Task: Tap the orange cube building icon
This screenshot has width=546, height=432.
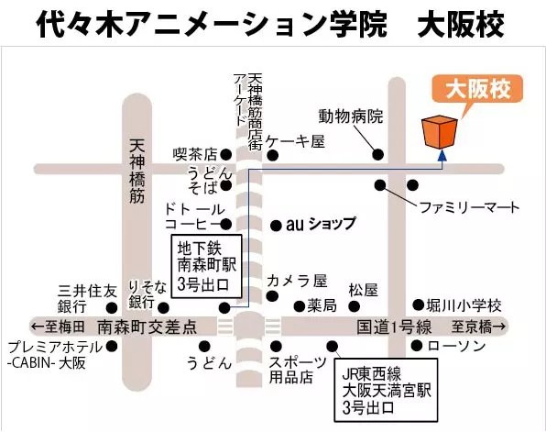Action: [440, 132]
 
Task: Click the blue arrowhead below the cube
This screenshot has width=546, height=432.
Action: [442, 156]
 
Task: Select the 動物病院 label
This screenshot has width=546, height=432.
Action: [351, 116]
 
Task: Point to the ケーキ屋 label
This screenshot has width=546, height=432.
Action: [295, 142]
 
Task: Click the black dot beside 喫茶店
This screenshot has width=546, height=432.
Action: [225, 154]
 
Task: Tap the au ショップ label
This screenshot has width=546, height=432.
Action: [321, 224]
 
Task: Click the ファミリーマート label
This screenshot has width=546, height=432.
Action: [469, 207]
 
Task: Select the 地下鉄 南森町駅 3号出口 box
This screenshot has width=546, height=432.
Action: [207, 266]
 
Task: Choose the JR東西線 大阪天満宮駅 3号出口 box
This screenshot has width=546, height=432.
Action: [386, 390]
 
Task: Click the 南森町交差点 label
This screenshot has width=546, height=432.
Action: [147, 327]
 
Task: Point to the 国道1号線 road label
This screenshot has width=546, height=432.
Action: [394, 327]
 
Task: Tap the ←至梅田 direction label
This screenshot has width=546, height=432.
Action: [58, 327]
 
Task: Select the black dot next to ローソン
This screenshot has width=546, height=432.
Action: [417, 346]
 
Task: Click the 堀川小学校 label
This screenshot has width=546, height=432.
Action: [464, 305]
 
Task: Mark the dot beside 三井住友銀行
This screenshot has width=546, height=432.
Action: [112, 308]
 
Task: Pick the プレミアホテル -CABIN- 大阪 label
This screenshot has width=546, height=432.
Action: [55, 355]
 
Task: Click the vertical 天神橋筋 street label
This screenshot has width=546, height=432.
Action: [136, 172]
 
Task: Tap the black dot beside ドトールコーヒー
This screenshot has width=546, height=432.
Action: [226, 224]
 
